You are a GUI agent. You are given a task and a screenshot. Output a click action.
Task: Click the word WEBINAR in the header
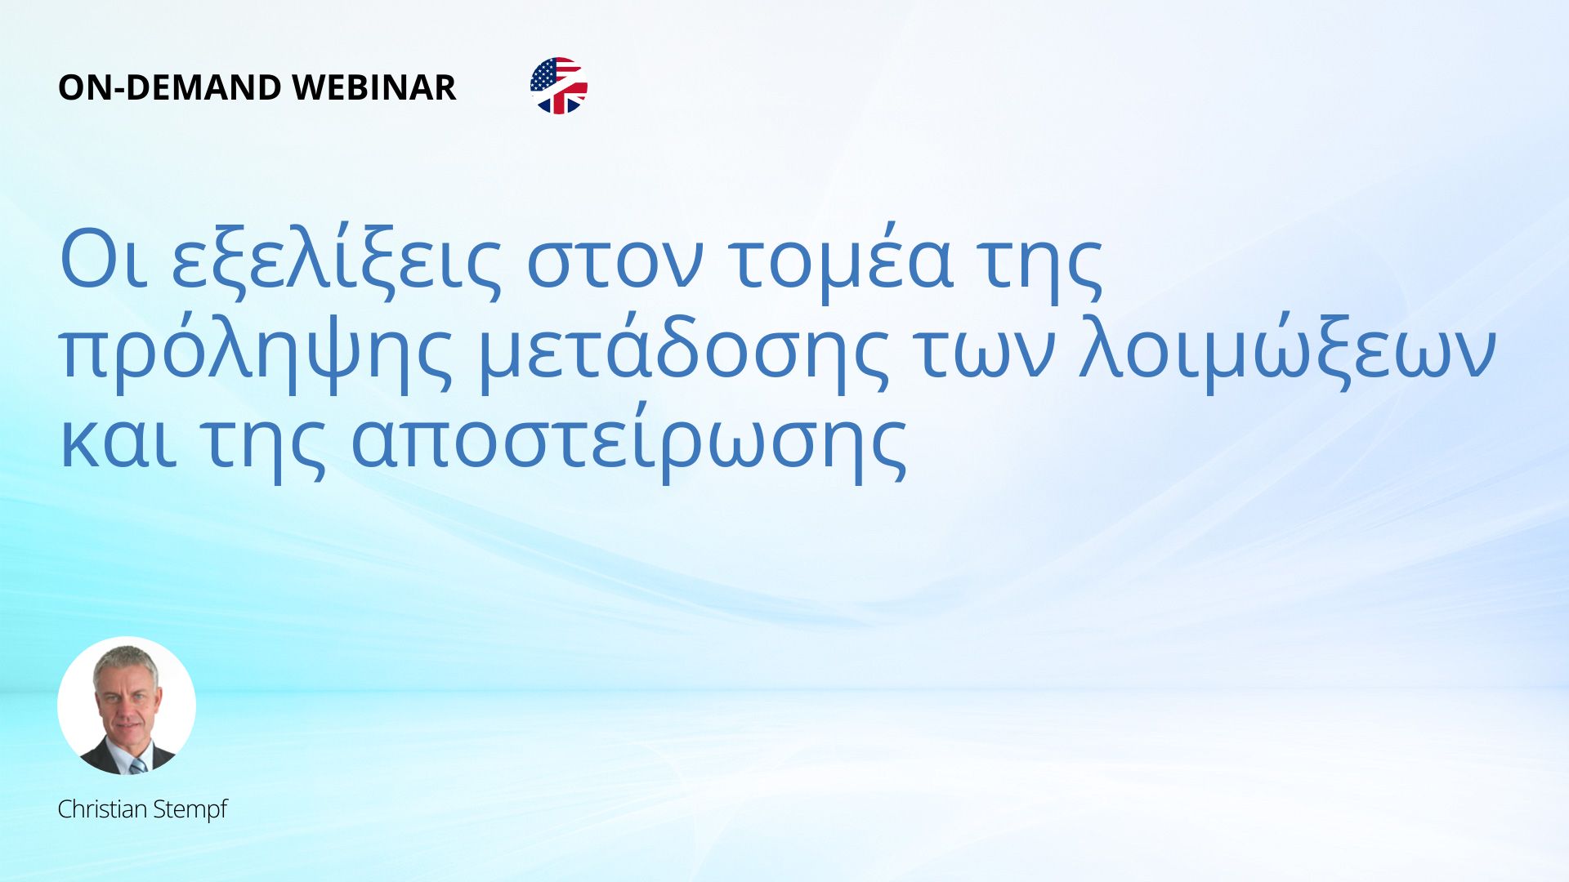(373, 87)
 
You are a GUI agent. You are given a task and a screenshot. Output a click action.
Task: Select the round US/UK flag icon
(559, 86)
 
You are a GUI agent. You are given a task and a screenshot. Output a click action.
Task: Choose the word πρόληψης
(256, 353)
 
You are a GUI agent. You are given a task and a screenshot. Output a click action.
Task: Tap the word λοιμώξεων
(1287, 353)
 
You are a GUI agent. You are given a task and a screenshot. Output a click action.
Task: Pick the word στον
(614, 266)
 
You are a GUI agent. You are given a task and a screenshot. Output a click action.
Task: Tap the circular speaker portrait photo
(127, 706)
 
